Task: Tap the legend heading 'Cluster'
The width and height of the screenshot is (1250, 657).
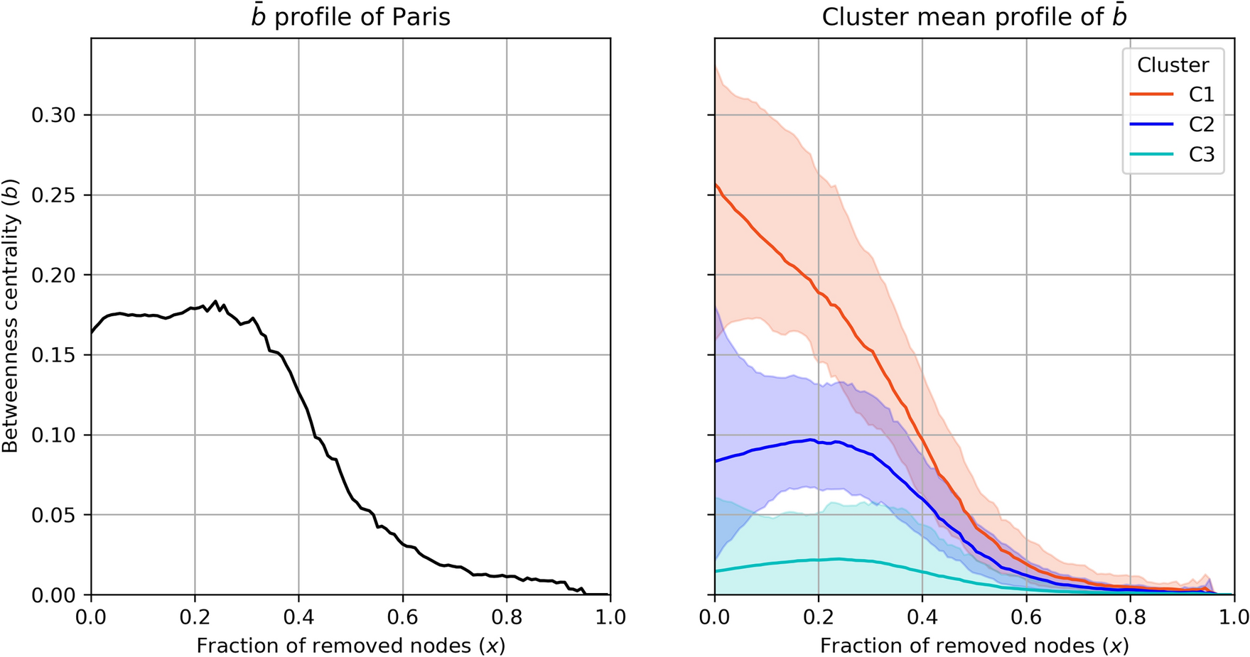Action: click(1173, 65)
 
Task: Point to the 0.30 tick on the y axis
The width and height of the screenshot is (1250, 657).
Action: click(53, 115)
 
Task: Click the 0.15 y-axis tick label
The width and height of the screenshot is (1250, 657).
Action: click(53, 355)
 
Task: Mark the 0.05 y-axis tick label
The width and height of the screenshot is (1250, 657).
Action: click(53, 515)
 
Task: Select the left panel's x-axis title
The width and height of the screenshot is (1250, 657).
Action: click(350, 645)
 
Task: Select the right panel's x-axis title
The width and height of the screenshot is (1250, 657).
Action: click(974, 645)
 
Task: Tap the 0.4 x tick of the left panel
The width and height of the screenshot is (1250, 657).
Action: click(298, 617)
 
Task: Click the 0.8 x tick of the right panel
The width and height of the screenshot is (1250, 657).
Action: click(1130, 617)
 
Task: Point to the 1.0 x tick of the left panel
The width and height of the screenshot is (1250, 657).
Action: click(610, 617)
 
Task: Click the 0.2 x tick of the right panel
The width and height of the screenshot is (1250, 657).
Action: click(819, 617)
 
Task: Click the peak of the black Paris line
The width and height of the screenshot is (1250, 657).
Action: click(215, 301)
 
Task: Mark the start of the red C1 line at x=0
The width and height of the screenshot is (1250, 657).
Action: click(716, 185)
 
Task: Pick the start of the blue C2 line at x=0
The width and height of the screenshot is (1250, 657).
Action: click(716, 461)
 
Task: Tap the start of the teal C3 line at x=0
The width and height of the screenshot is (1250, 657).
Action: click(716, 571)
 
